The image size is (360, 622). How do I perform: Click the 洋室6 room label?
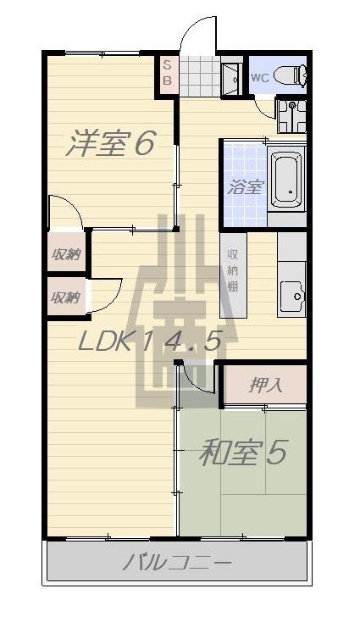[x=110, y=143]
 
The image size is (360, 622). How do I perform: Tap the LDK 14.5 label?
[x=149, y=341]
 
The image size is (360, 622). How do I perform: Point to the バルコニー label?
[x=176, y=562]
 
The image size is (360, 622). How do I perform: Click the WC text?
[x=260, y=78]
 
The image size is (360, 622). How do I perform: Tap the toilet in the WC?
[x=291, y=76]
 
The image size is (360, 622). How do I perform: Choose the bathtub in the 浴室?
[x=286, y=178]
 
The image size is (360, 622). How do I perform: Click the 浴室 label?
[x=246, y=187]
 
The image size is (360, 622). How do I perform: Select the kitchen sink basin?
[x=292, y=296]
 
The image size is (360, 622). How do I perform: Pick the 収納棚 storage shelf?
[x=233, y=275]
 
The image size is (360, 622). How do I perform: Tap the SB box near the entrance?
[x=169, y=75]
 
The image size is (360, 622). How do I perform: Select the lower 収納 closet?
[x=66, y=297]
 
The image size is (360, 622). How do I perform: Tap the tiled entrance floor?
[x=200, y=76]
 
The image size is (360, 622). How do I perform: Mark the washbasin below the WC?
[x=291, y=116]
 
